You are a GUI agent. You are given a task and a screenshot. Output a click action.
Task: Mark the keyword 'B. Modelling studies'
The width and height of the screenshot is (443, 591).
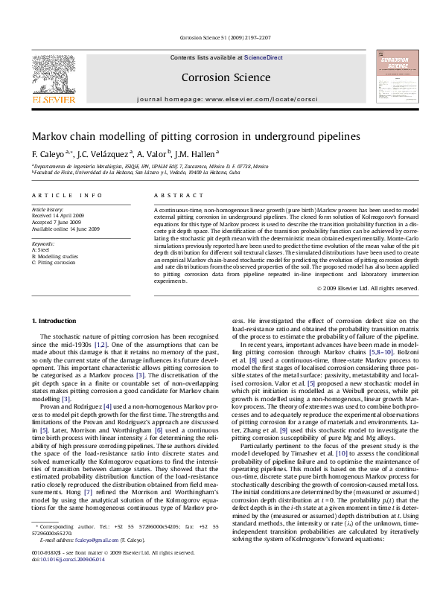click(x=59, y=256)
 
